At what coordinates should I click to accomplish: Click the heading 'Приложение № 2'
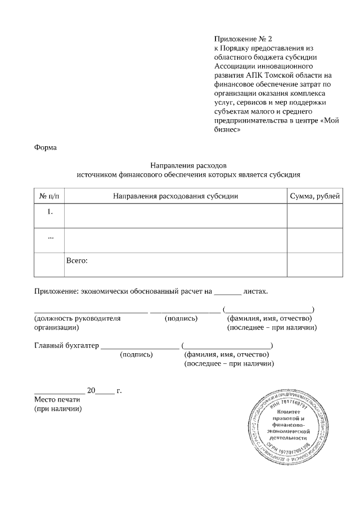click(242, 39)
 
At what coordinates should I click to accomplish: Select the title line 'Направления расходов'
click(188, 165)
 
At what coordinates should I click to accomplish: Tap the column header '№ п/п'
click(49, 196)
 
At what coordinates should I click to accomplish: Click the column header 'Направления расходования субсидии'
click(175, 196)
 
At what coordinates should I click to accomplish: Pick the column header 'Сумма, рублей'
click(314, 196)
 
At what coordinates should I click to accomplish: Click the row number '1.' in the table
click(49, 211)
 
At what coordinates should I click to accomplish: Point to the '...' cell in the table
click(49, 237)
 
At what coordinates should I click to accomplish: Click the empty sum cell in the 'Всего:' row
click(314, 264)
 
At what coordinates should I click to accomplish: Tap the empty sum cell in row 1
click(314, 216)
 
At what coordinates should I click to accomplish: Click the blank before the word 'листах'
click(228, 292)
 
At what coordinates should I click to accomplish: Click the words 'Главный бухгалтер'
click(66, 345)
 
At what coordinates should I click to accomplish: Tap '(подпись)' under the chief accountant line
click(137, 355)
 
